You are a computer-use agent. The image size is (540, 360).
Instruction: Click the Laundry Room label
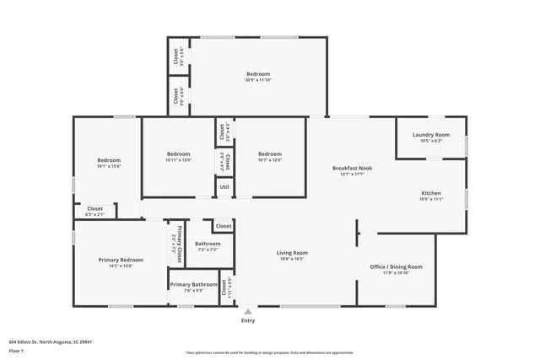point(430,135)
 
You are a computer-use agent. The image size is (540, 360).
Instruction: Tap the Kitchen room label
point(430,193)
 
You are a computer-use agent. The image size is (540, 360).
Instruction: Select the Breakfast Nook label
point(352,169)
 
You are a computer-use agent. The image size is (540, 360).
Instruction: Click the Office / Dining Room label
point(396,266)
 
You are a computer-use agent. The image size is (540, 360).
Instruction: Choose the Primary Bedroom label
point(114,260)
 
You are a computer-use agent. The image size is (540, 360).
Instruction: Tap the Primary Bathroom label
point(193,285)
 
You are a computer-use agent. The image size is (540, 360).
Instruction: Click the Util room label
point(224,187)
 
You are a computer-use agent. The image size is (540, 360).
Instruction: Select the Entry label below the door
point(248,320)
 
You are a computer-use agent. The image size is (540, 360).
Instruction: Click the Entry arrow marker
point(248,310)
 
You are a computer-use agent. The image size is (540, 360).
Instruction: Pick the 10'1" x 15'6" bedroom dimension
point(108,167)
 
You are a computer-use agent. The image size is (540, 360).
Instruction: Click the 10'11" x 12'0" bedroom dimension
point(178,160)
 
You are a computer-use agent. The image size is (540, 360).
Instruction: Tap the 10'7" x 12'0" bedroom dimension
point(269,160)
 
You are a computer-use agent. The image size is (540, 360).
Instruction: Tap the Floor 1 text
point(17,349)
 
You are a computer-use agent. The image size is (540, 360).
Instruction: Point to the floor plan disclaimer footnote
point(269,352)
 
